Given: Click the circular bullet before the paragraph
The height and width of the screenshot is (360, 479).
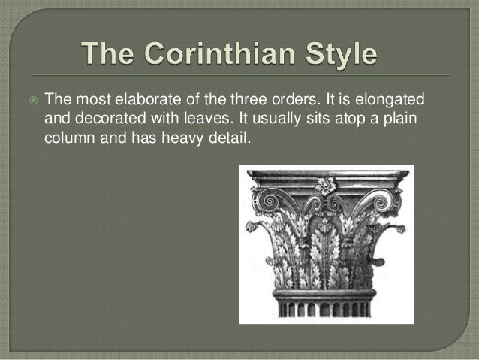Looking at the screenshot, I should tap(32, 101).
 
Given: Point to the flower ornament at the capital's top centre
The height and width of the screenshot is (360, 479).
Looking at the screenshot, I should tap(326, 186).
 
